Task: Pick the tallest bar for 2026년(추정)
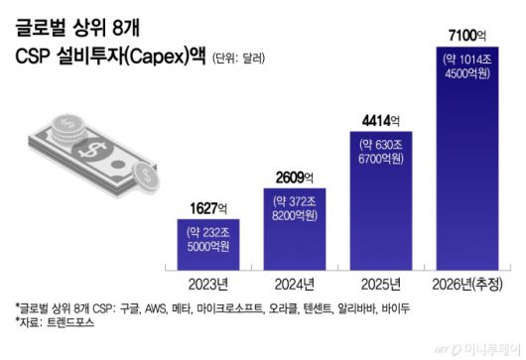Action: point(467,159)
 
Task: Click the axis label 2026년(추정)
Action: point(467,283)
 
